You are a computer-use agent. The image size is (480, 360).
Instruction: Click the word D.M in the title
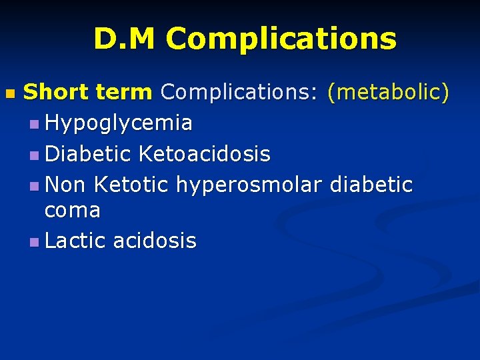pos(126,39)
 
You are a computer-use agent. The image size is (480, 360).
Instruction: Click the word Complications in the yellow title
pos(281,39)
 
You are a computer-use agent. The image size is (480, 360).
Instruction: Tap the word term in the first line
pos(124,92)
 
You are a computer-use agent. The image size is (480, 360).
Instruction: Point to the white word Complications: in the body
pos(239,92)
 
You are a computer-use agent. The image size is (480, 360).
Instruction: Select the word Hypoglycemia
pos(119,123)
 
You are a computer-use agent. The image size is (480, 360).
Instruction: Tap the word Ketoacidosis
pos(205,154)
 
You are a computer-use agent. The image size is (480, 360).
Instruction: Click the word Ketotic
pos(133,183)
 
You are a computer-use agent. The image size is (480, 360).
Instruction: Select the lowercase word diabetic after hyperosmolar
pos(371,183)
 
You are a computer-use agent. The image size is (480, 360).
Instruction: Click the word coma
pos(72,211)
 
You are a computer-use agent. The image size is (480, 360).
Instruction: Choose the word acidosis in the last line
pos(155,240)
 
